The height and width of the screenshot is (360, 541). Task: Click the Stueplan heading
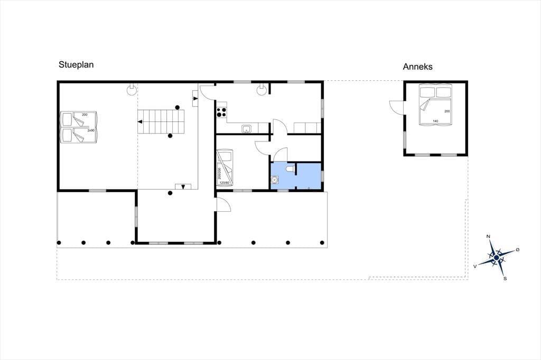[x=76, y=65]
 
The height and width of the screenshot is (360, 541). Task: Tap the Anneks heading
[x=417, y=67]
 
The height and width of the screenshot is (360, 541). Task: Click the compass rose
[x=497, y=257]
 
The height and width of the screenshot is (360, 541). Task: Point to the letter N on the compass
[x=488, y=236]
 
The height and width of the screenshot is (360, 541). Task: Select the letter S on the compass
[x=505, y=278]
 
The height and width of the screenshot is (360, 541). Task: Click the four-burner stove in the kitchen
[x=221, y=112]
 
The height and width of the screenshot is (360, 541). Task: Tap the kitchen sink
[x=246, y=129]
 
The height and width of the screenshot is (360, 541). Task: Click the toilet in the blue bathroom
[x=290, y=168]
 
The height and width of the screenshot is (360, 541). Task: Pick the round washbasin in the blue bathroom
[x=275, y=179]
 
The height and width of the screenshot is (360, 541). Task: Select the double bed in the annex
[x=435, y=105]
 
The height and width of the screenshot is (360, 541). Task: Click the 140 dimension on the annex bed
[x=435, y=121]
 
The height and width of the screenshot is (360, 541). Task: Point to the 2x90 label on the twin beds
[x=91, y=131]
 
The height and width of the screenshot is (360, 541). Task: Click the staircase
[x=161, y=122]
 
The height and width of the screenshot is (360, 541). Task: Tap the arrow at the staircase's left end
[x=140, y=122]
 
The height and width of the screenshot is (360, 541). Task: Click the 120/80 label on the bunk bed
[x=224, y=183]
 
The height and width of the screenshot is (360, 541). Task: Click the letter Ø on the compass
[x=518, y=249]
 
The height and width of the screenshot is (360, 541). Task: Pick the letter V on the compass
[x=475, y=266]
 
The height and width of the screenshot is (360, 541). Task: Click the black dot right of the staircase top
[x=178, y=107]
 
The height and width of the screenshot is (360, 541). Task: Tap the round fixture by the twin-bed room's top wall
[x=132, y=90]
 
